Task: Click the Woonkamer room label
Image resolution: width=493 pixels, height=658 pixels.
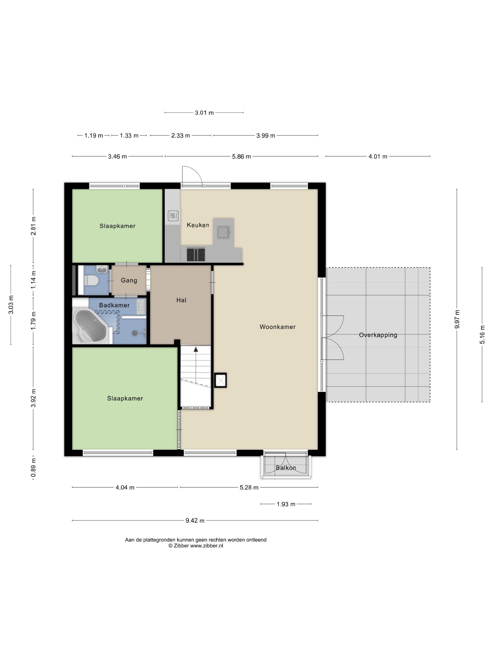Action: click(x=277, y=327)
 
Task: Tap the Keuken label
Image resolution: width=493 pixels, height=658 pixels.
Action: click(x=198, y=225)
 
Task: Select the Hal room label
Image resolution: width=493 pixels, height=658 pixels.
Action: click(x=181, y=300)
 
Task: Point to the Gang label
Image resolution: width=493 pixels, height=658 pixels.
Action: click(x=129, y=280)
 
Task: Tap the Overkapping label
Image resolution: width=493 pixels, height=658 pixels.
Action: click(x=378, y=335)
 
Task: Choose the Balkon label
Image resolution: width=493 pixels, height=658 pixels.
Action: click(x=286, y=468)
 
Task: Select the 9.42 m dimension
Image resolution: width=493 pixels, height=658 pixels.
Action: click(x=195, y=521)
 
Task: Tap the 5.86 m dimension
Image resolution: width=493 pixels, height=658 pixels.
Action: click(x=241, y=157)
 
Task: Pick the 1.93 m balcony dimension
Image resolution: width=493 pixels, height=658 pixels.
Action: click(x=286, y=504)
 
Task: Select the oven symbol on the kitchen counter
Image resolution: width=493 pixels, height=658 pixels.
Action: click(x=173, y=215)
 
